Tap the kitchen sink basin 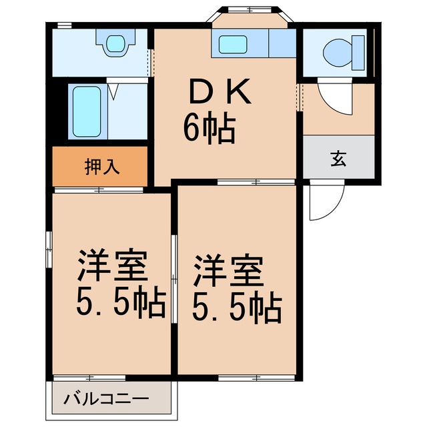[234, 45]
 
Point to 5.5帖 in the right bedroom [237, 306]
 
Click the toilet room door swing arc [334, 97]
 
